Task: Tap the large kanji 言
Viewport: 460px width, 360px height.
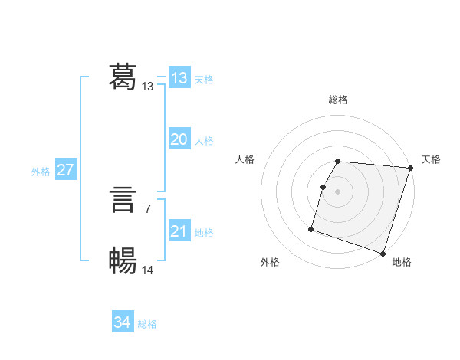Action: [x=123, y=201]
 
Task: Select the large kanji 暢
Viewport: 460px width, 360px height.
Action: [x=123, y=261]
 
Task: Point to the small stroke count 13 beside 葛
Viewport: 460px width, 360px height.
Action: [x=148, y=87]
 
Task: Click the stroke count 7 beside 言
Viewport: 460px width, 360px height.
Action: [x=147, y=208]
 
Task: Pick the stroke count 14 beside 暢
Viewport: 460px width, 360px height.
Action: [x=148, y=270]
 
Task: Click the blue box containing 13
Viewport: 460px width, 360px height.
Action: [x=179, y=78]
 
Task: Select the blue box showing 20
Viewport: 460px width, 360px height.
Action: [x=179, y=139]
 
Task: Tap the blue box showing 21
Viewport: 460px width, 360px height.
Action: [x=179, y=231]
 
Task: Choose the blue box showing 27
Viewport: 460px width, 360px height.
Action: [x=66, y=170]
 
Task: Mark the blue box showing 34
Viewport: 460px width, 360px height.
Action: [x=123, y=322]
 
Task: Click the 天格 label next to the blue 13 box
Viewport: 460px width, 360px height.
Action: [x=204, y=80]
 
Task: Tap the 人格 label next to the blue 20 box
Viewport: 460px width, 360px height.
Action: [x=204, y=141]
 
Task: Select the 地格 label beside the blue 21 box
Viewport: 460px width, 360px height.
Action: [x=204, y=233]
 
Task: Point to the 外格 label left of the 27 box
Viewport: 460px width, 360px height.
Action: [x=41, y=172]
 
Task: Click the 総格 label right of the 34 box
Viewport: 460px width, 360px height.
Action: [x=147, y=324]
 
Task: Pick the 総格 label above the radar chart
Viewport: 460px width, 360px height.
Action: [x=338, y=100]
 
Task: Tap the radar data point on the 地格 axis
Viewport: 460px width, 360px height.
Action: [x=383, y=253]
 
